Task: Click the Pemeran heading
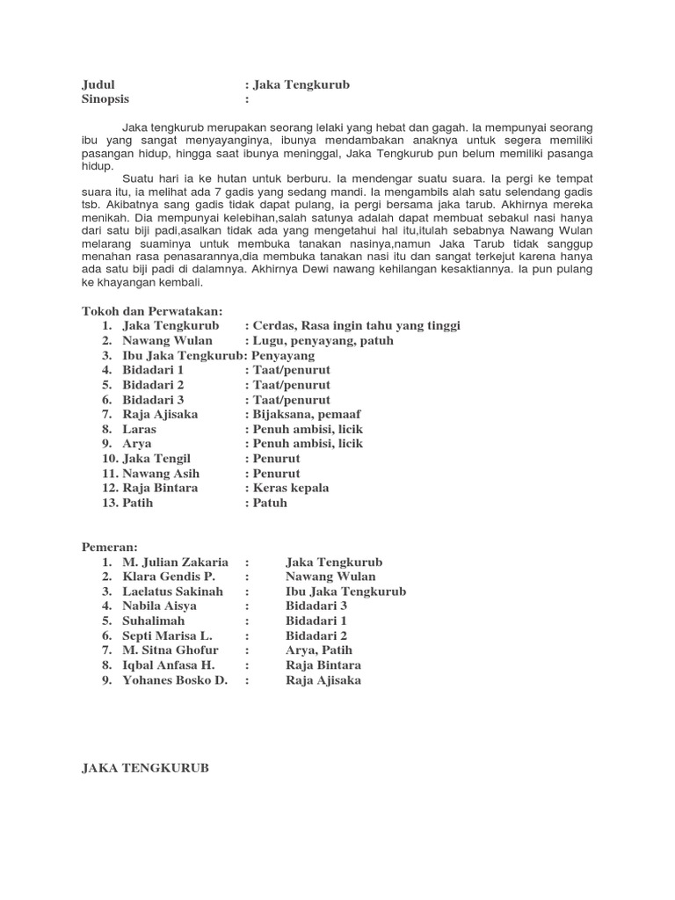point(110,547)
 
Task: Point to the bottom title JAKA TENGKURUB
point(145,767)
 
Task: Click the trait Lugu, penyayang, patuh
point(323,340)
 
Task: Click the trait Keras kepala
point(291,488)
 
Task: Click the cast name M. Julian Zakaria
point(176,562)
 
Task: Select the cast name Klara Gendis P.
point(168,577)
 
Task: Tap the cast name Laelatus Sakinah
point(173,592)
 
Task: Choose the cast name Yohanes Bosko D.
point(175,679)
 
